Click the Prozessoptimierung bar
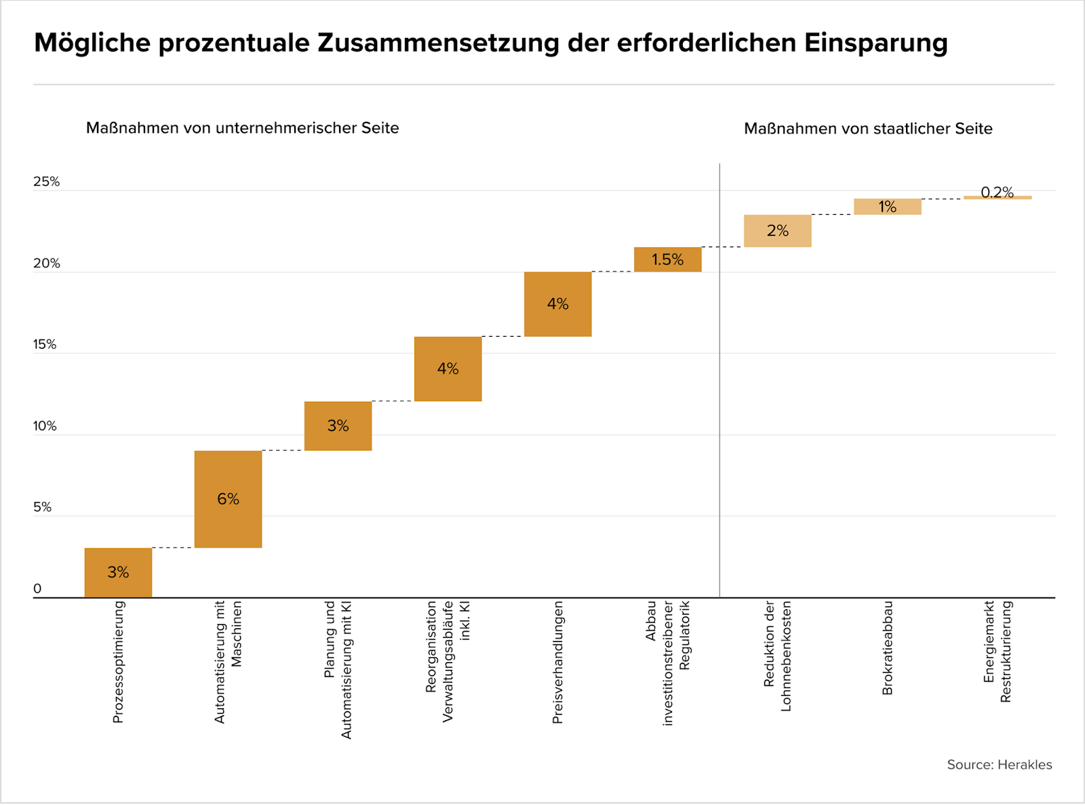click(x=118, y=573)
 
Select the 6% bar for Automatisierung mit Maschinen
click(x=228, y=499)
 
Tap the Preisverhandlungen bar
click(x=557, y=304)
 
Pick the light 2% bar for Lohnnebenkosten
click(x=777, y=230)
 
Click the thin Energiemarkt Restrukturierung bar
click(x=998, y=198)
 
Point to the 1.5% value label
click(x=667, y=260)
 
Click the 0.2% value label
click(x=997, y=192)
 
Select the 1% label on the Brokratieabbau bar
click(x=887, y=207)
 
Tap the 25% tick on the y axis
click(x=46, y=182)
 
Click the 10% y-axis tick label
click(x=45, y=426)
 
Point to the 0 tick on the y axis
click(x=37, y=589)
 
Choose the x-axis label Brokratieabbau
click(x=888, y=648)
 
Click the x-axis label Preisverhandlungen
click(x=557, y=662)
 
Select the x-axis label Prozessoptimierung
click(x=118, y=662)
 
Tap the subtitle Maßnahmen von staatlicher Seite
click(x=868, y=129)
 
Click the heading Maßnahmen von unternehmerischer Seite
click(x=242, y=128)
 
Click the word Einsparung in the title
click(x=875, y=43)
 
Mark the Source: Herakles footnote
click(x=999, y=764)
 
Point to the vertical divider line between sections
click(x=719, y=379)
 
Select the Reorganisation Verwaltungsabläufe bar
click(x=448, y=369)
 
